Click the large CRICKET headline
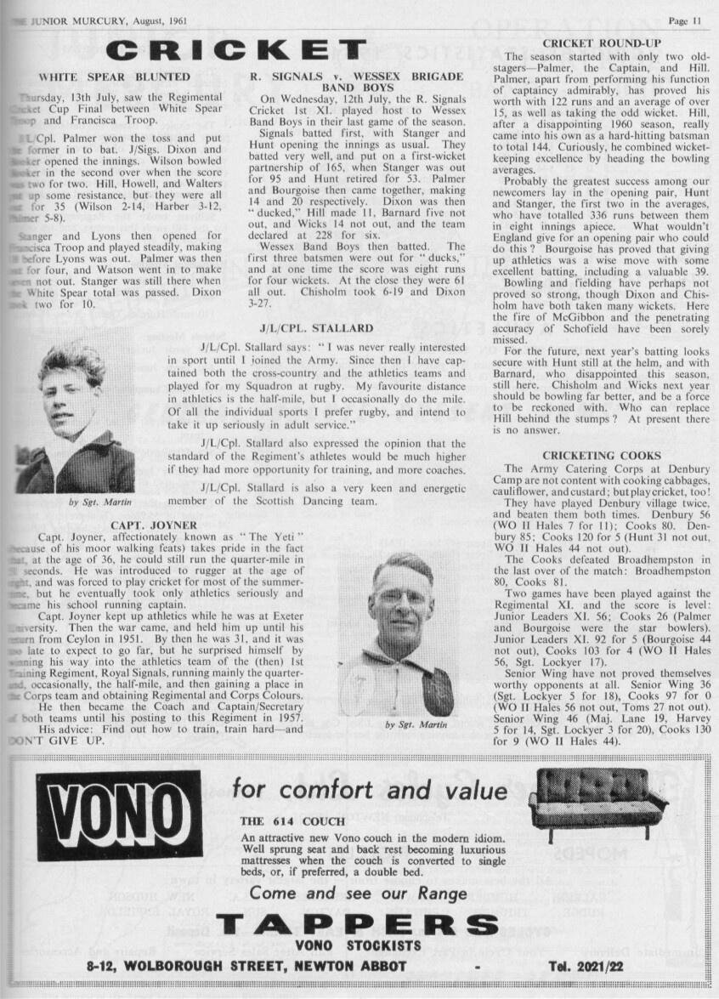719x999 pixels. point(241,49)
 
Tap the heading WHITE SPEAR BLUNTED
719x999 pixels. point(115,77)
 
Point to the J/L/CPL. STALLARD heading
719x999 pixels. point(316,327)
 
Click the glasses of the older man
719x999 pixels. point(399,597)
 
